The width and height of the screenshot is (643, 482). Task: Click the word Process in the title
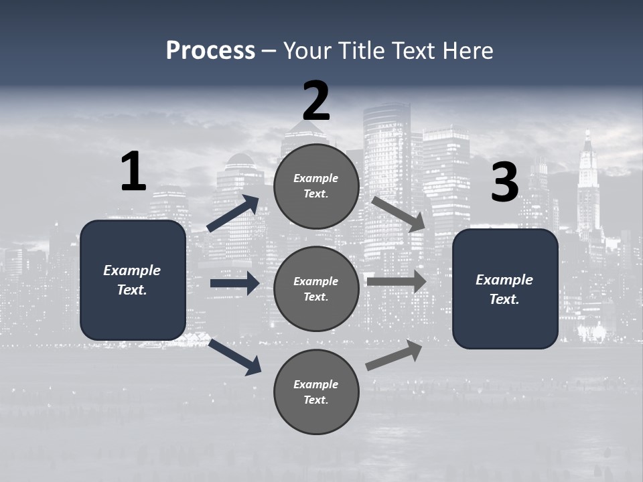point(210,50)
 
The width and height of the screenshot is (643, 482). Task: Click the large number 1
point(133,172)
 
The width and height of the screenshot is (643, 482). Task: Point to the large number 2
point(316,100)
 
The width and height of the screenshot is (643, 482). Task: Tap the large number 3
point(504,183)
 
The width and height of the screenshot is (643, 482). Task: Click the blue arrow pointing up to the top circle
point(233,214)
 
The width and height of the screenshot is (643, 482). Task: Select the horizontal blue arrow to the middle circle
point(234,283)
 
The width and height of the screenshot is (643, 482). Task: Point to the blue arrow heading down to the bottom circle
point(234,356)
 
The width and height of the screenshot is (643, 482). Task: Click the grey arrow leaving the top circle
point(398,214)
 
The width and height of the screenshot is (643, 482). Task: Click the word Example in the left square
point(132,270)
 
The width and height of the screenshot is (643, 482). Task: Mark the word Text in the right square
point(504,299)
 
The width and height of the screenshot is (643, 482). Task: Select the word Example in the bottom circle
point(316,384)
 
